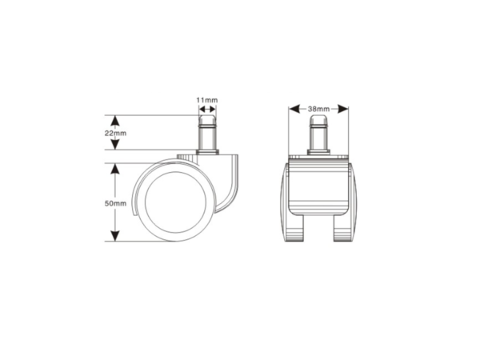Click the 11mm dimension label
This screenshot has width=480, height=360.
click(207, 100)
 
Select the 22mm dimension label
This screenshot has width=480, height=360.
click(115, 133)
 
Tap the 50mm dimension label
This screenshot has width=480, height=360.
click(115, 203)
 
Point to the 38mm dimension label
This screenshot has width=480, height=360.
click(318, 109)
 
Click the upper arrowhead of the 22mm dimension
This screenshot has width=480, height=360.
click(114, 121)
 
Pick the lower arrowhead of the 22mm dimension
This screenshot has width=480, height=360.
click(114, 144)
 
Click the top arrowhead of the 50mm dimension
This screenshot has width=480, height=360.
click(114, 169)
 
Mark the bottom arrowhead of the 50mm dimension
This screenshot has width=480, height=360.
click(114, 236)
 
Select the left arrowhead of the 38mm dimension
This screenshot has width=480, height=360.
click(294, 109)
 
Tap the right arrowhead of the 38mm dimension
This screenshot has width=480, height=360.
click(343, 109)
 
